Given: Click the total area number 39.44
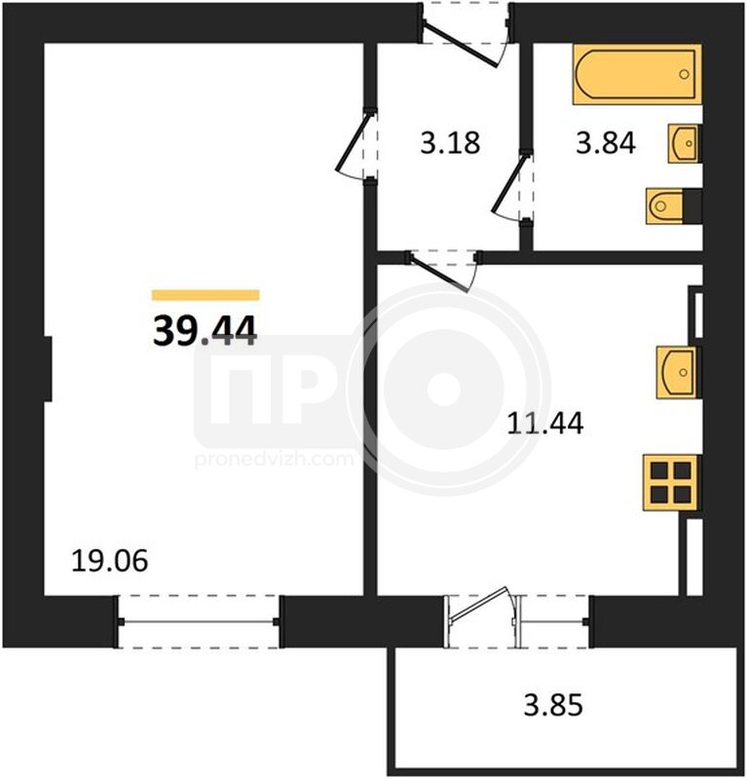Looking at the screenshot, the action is pyautogui.click(x=205, y=331).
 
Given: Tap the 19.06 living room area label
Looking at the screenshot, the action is pyautogui.click(x=109, y=561).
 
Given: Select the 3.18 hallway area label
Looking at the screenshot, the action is pyautogui.click(x=450, y=142).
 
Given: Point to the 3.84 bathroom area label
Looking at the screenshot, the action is pyautogui.click(x=606, y=142).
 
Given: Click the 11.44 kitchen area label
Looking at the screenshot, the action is pyautogui.click(x=545, y=424).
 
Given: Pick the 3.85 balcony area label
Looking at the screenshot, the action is pyautogui.click(x=553, y=705).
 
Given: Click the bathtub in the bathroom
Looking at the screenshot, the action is pyautogui.click(x=637, y=75).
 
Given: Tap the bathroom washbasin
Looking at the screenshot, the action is pyautogui.click(x=684, y=143).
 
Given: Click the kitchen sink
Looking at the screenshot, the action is pyautogui.click(x=678, y=373).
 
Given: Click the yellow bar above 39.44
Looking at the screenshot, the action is pyautogui.click(x=205, y=295).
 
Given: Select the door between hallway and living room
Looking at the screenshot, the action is pyautogui.click(x=356, y=145).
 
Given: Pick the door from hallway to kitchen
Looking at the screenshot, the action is pyautogui.click(x=442, y=271).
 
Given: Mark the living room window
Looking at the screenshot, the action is pyautogui.click(x=199, y=621).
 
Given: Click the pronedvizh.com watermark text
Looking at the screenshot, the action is pyautogui.click(x=275, y=459).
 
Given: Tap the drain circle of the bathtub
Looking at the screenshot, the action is pyautogui.click(x=684, y=75).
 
